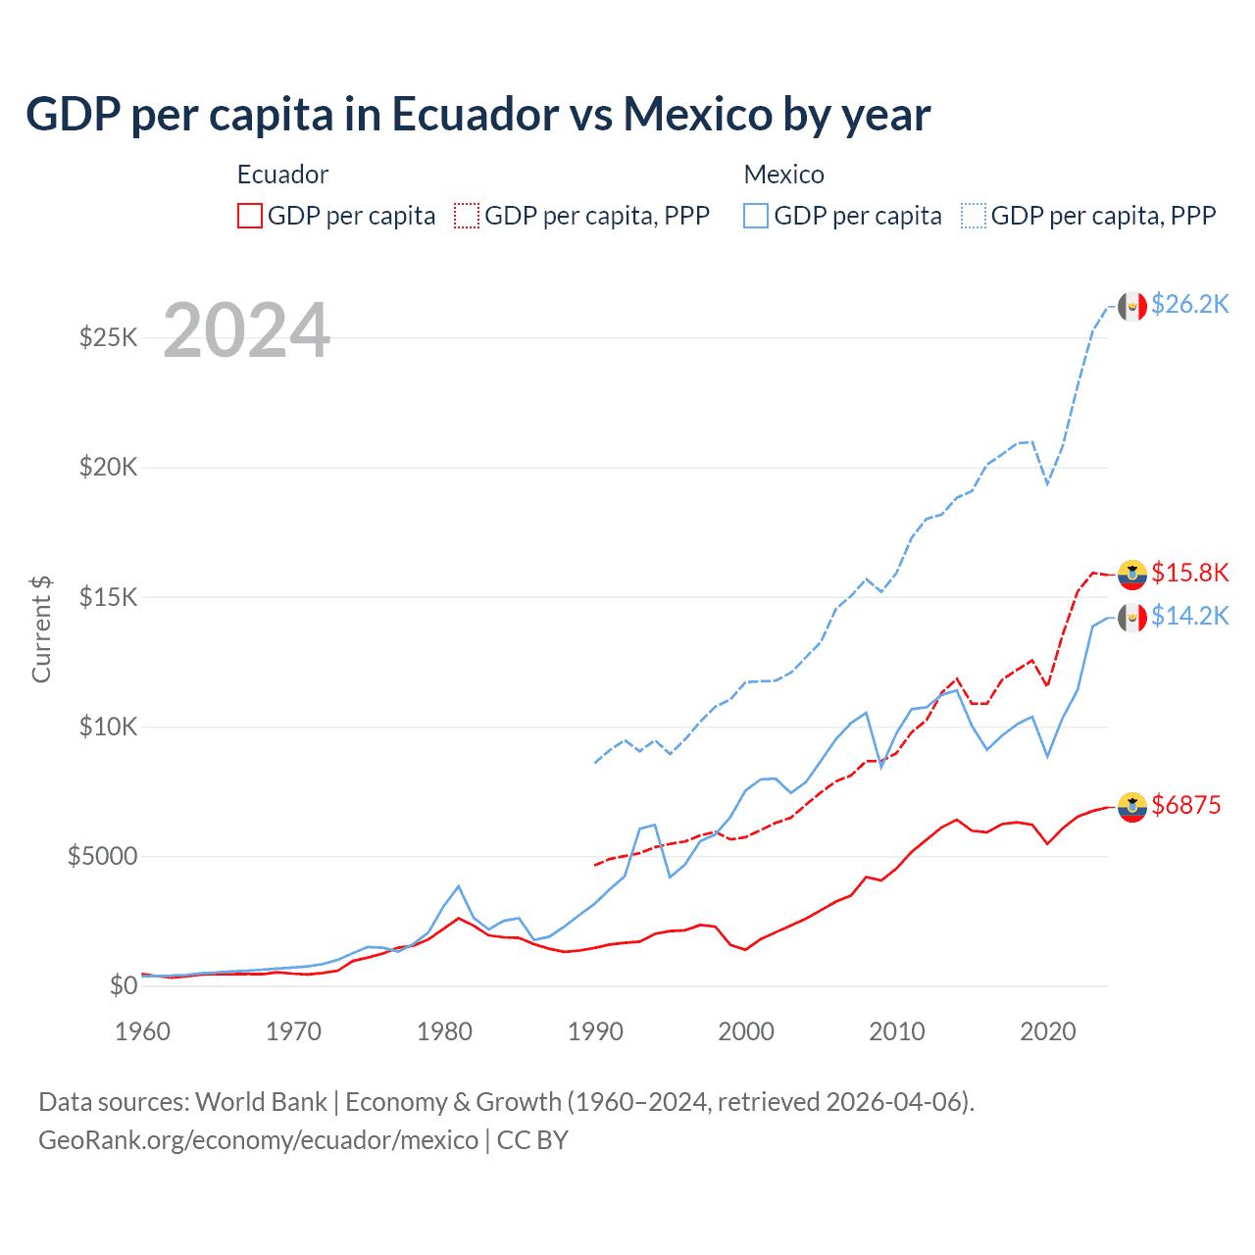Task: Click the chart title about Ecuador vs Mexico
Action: tap(477, 115)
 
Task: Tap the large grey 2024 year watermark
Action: tap(246, 330)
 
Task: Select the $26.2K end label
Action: tap(1189, 304)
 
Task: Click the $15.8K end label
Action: tap(1189, 573)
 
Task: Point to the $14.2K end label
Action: tap(1189, 616)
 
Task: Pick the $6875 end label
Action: tap(1185, 805)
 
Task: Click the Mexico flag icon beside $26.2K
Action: tap(1132, 306)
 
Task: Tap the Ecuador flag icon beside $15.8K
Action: tap(1132, 575)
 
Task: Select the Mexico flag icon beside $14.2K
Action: tap(1132, 618)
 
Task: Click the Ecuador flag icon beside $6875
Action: tap(1132, 807)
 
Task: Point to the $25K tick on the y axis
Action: tap(109, 338)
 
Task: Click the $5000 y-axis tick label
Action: tap(102, 857)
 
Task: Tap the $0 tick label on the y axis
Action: tap(123, 986)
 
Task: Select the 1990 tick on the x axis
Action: tap(595, 1031)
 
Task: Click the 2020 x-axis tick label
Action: tap(1047, 1031)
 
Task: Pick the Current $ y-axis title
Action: tap(41, 629)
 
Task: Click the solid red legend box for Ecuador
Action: tap(250, 216)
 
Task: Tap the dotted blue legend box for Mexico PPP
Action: tap(974, 216)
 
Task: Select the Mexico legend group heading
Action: tap(783, 175)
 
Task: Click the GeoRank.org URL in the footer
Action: tap(258, 1140)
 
